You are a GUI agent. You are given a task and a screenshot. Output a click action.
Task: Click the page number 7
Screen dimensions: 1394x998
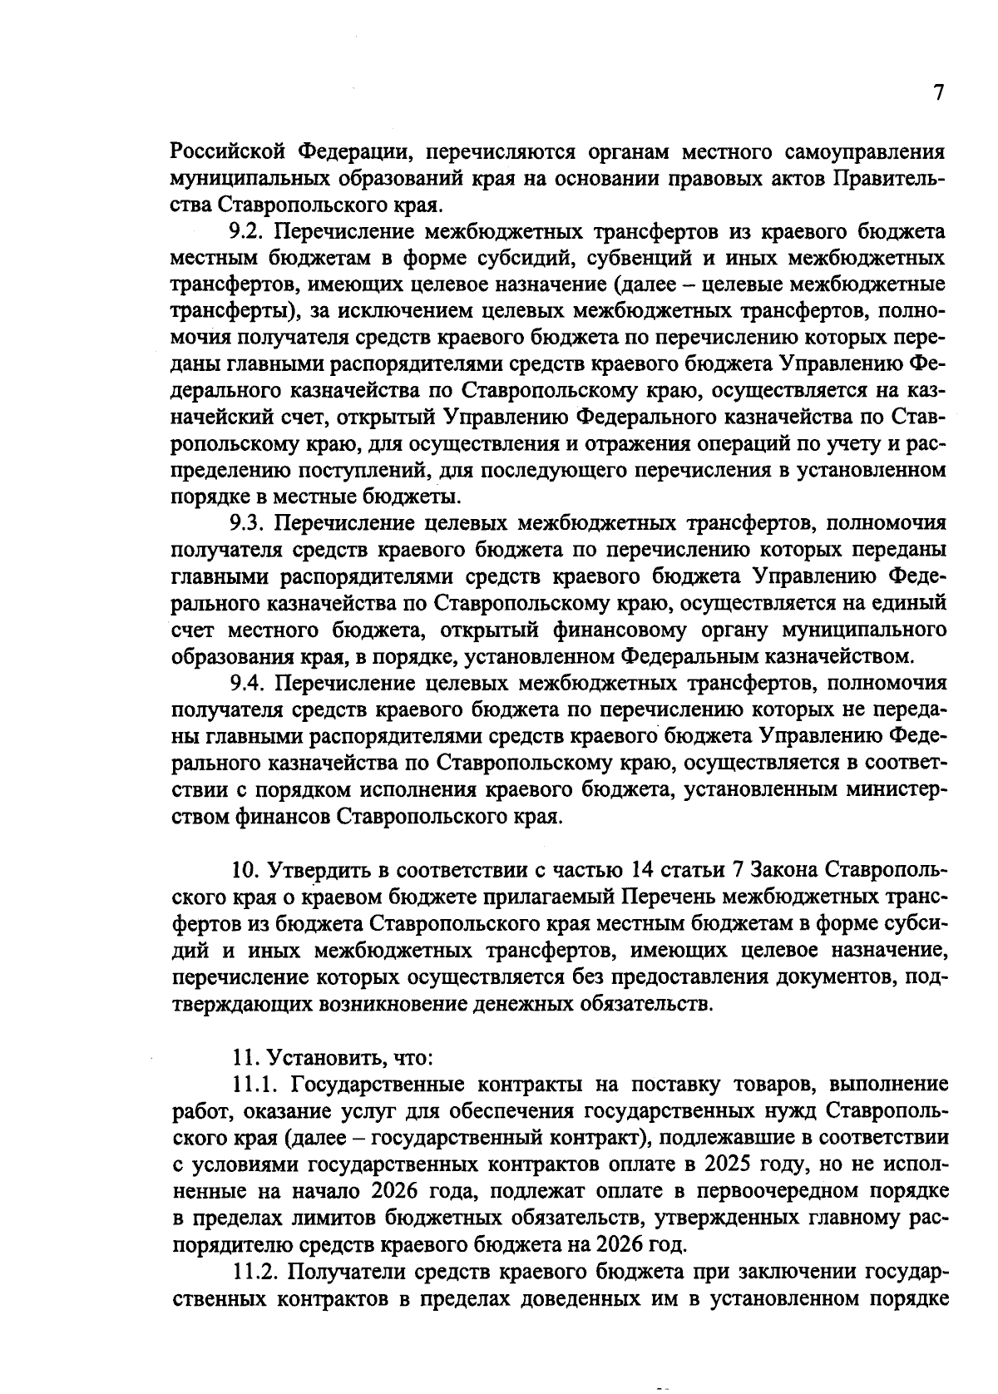tap(938, 93)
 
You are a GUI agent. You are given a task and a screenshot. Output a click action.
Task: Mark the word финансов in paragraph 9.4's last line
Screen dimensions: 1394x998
tap(293, 816)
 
